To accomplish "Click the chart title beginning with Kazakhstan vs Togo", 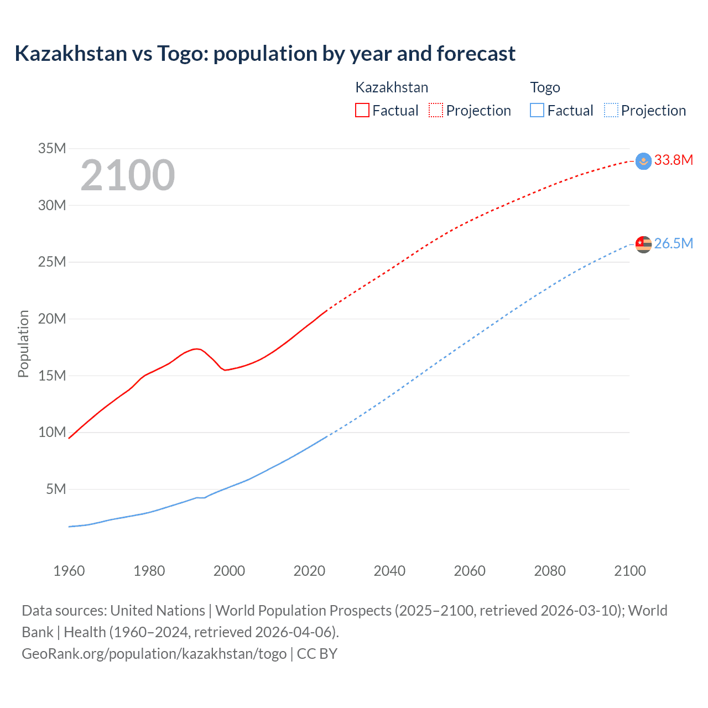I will (265, 54).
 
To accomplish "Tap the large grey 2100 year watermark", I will (128, 175).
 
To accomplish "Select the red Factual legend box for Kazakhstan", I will (362, 110).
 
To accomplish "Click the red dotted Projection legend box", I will (436, 110).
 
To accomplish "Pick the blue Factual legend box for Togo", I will (537, 110).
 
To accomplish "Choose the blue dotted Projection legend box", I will (611, 110).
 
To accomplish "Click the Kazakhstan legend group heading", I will (392, 87).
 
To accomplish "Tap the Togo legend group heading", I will (545, 87).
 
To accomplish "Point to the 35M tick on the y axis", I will (52, 148).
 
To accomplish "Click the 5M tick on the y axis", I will (56, 489).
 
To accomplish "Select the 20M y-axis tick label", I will (52, 319).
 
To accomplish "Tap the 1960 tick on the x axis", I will (69, 571).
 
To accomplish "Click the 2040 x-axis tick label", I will (389, 571).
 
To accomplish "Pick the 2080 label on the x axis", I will (550, 571).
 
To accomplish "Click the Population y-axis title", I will (23, 343).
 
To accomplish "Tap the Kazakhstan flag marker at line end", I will (643, 161).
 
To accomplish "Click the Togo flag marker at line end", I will (643, 244).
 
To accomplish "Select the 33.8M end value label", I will (673, 160).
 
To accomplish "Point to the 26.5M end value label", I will (673, 244).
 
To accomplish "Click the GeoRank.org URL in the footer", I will (154, 654).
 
